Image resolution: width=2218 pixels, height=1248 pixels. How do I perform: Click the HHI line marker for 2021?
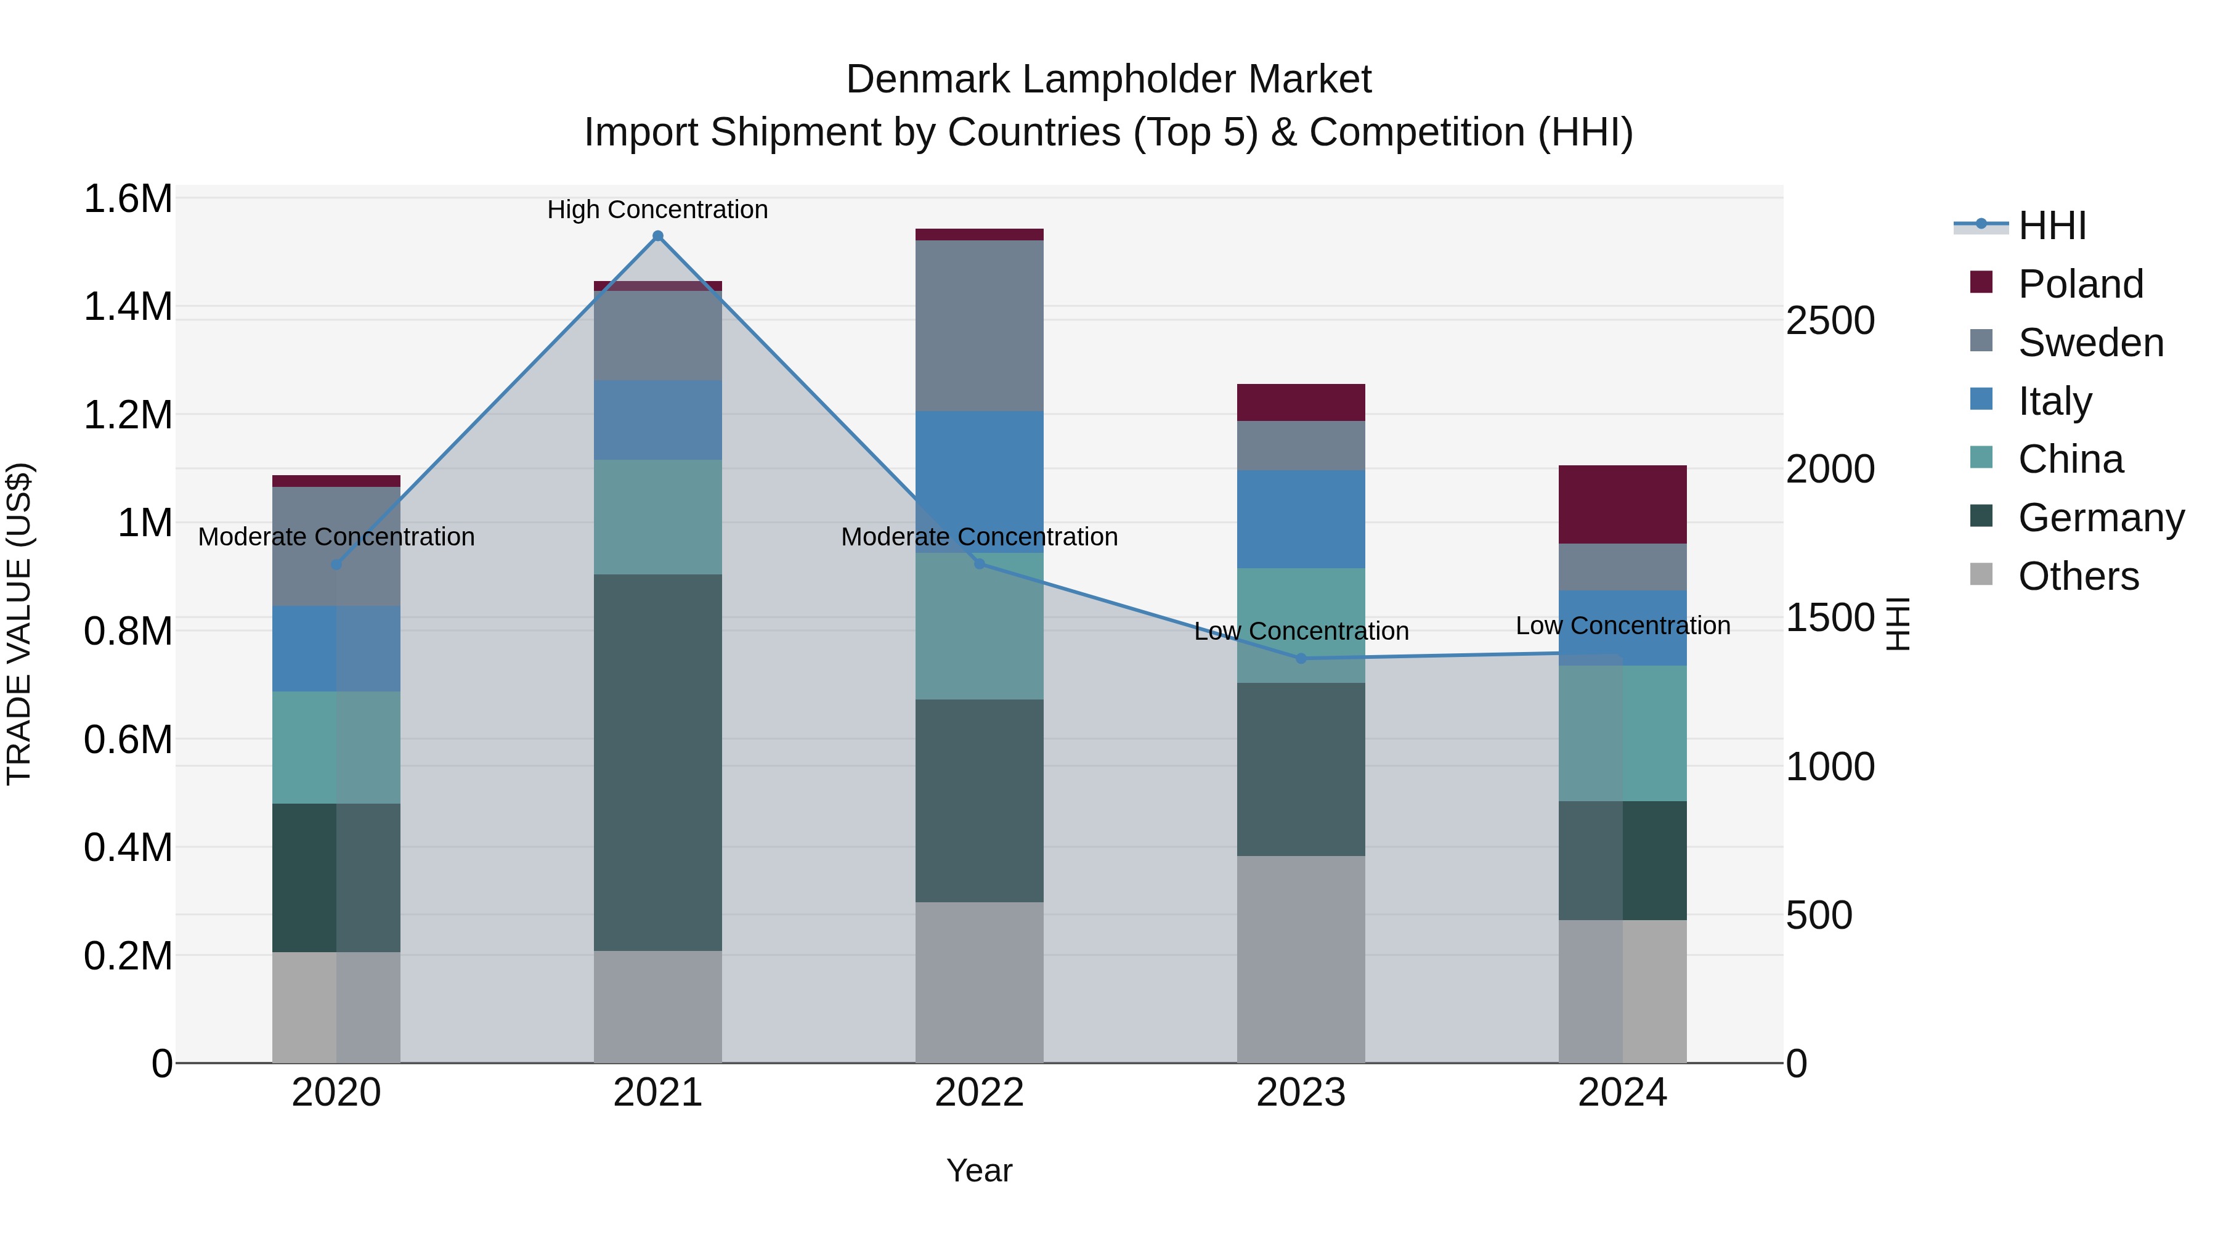[658, 236]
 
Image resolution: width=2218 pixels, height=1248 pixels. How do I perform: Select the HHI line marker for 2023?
[1301, 658]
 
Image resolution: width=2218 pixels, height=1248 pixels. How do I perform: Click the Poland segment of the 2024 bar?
[1622, 504]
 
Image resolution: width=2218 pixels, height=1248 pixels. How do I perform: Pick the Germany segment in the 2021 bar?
[658, 762]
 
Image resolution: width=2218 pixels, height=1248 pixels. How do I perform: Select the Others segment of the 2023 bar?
[1301, 958]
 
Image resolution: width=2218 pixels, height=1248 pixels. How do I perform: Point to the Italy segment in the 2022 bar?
[979, 470]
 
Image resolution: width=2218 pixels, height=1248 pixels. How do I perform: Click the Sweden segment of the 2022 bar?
[979, 325]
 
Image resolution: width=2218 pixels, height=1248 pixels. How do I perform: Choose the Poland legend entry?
[2080, 283]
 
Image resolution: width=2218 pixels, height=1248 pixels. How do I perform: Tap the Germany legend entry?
[2101, 518]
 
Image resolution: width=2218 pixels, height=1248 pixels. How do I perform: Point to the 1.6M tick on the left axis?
[128, 199]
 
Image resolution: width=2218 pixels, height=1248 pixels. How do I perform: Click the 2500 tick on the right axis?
[1830, 320]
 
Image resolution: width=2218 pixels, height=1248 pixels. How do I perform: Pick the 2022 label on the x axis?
[979, 1092]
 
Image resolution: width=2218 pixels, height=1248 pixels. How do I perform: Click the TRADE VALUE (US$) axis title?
[19, 624]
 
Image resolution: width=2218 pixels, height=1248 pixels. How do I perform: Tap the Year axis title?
[979, 1170]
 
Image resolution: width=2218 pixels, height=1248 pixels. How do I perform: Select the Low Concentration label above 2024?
[1622, 626]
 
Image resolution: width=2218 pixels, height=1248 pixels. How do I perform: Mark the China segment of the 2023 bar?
[1301, 626]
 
